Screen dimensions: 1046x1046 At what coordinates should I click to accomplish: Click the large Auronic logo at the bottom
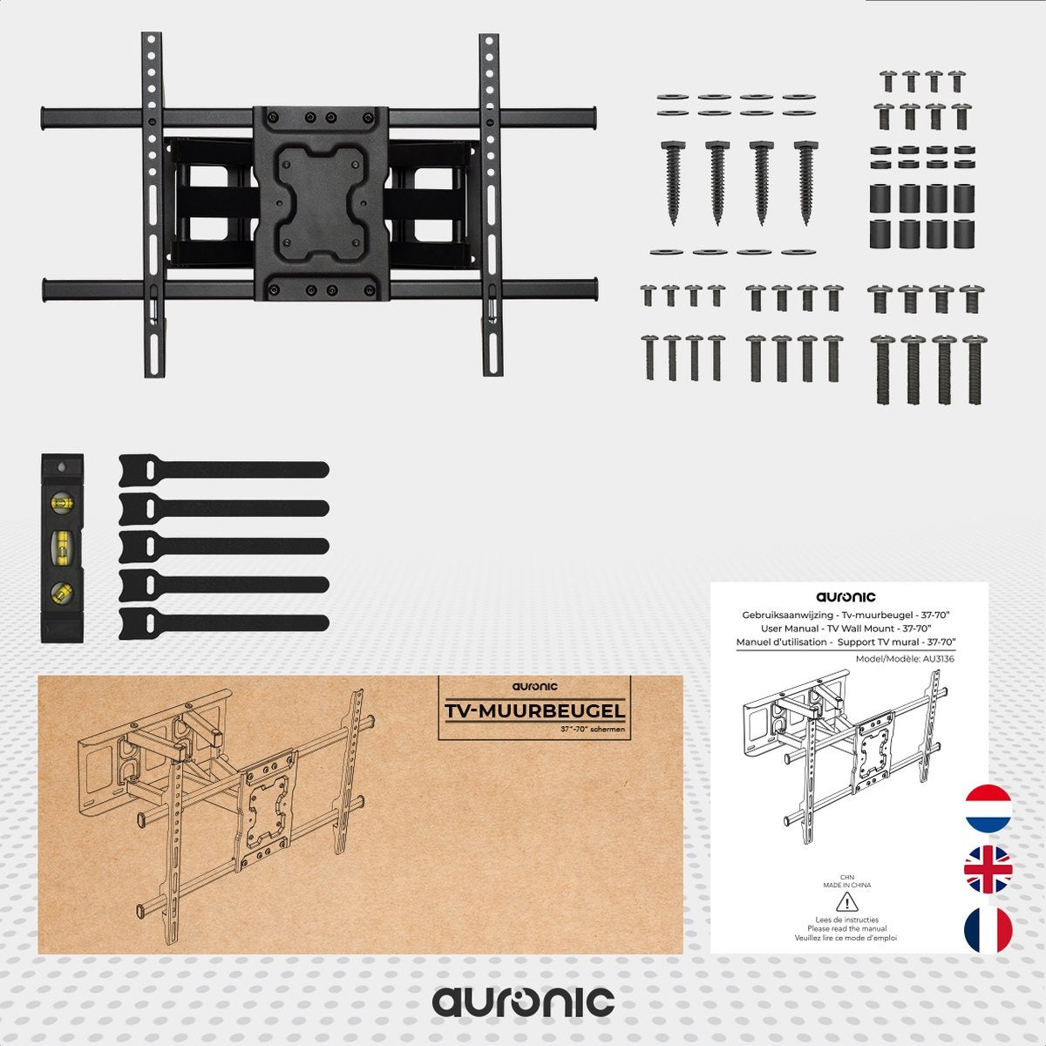tap(523, 1002)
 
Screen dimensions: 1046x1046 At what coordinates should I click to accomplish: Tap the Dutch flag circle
tap(988, 808)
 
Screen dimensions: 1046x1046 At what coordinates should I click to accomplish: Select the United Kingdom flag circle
tap(988, 869)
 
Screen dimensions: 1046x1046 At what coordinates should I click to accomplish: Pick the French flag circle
tap(988, 930)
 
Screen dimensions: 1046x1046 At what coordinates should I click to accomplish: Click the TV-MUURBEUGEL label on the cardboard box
tap(534, 711)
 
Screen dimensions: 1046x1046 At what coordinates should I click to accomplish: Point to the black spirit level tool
tap(62, 547)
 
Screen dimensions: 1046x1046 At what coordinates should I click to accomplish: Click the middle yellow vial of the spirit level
tap(62, 548)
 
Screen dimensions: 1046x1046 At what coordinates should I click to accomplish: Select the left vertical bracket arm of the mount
tap(153, 205)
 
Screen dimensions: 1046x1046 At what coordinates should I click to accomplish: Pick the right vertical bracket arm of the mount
tap(491, 205)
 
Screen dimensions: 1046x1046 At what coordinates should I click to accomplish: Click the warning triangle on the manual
tap(842, 902)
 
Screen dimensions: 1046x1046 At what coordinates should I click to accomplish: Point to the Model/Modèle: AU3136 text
tap(905, 659)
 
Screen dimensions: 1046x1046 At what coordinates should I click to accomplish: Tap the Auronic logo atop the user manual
tap(846, 597)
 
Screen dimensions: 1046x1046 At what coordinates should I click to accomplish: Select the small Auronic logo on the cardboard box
tap(534, 687)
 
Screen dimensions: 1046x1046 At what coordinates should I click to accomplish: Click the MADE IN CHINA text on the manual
tap(846, 885)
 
